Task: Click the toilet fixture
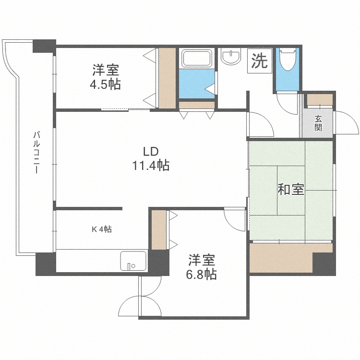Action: [288, 59]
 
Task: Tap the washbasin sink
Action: [232, 57]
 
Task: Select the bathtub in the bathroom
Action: [196, 59]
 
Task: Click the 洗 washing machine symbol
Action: [260, 61]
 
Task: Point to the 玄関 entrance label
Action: [318, 123]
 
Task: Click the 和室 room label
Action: [290, 190]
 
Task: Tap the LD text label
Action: [151, 152]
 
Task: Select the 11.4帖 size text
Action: [151, 166]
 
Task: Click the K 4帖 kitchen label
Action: [102, 229]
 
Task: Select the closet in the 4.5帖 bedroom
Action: [167, 78]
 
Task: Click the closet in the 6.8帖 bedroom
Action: [158, 229]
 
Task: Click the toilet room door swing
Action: [287, 104]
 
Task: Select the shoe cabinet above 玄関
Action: [320, 99]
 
